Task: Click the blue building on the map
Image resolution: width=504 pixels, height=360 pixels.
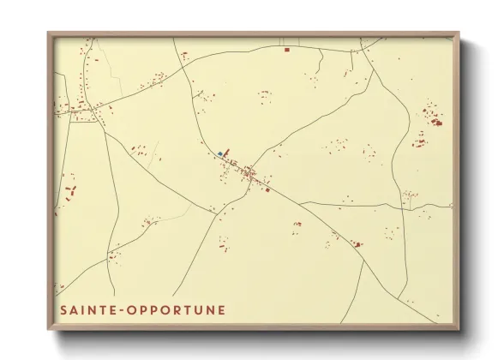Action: [220, 154]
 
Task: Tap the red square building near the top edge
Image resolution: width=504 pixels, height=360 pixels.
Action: [286, 50]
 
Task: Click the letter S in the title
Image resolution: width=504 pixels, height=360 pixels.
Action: [63, 309]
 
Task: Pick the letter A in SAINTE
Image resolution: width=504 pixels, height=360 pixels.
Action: [73, 309]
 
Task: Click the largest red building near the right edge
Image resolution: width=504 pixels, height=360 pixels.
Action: [436, 123]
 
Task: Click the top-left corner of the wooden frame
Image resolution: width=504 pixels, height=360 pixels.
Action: [48, 33]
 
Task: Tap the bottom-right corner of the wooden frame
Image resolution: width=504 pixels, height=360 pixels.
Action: [459, 330]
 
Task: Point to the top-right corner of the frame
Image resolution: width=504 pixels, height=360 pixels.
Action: [459, 33]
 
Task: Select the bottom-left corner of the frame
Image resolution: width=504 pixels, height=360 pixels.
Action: [48, 330]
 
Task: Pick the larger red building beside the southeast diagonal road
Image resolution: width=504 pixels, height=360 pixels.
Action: [357, 244]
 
